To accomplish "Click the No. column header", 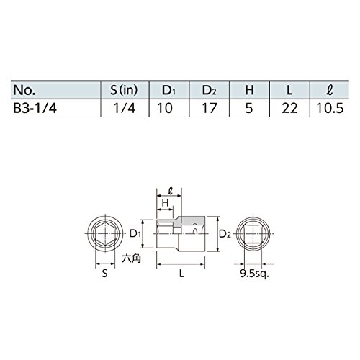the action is (x=24, y=90).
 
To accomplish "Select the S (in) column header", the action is (x=124, y=90).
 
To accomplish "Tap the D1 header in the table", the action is (x=168, y=91).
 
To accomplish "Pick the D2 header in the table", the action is (x=209, y=91).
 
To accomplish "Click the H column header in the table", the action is (x=249, y=90).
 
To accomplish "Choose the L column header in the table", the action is (x=289, y=90).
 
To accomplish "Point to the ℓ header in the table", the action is (x=330, y=90).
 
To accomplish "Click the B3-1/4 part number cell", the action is (x=35, y=108).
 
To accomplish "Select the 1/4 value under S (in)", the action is (x=125, y=108).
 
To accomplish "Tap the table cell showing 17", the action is (x=210, y=108).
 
